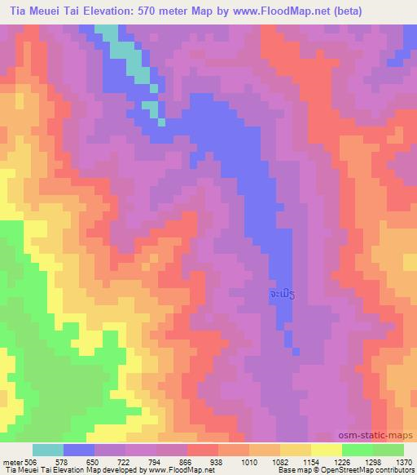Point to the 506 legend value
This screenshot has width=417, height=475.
point(32,461)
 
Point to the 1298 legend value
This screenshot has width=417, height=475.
point(372,461)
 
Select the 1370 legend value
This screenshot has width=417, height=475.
point(403,461)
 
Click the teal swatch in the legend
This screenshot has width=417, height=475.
point(48,450)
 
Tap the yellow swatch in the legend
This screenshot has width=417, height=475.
point(326,450)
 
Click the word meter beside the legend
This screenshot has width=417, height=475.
point(11,461)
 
